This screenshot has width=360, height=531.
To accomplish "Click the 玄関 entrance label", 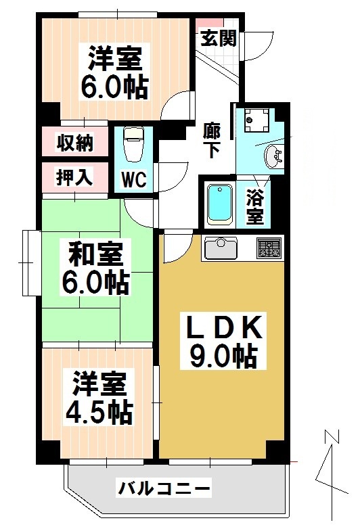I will (218, 37).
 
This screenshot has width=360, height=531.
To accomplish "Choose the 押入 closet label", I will (74, 178).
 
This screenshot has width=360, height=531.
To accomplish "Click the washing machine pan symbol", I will (256, 120).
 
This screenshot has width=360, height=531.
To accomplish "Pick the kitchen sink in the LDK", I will (219, 248).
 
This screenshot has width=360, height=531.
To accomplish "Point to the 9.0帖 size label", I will (223, 355).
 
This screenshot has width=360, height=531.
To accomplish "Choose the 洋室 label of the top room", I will (114, 60).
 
